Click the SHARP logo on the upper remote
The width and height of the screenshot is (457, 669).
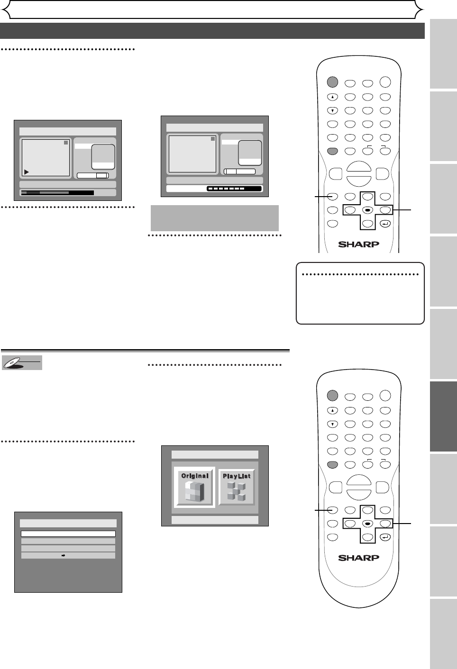[x=358, y=244]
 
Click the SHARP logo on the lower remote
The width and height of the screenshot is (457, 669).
[x=358, y=558]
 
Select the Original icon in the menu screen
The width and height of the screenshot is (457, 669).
[x=195, y=488]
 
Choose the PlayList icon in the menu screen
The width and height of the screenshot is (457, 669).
[x=237, y=488]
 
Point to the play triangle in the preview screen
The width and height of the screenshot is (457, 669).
[x=27, y=172]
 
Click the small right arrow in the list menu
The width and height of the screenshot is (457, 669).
[x=64, y=555]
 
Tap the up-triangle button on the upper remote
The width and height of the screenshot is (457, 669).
[x=333, y=97]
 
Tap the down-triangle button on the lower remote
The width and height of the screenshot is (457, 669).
[x=333, y=424]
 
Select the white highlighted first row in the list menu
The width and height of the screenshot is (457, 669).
[x=68, y=533]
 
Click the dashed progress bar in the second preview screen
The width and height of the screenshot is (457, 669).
[x=234, y=189]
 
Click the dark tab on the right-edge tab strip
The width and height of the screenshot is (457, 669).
[x=443, y=416]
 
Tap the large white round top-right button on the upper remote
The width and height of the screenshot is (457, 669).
[x=385, y=82]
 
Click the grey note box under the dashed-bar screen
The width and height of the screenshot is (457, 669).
[x=214, y=217]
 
